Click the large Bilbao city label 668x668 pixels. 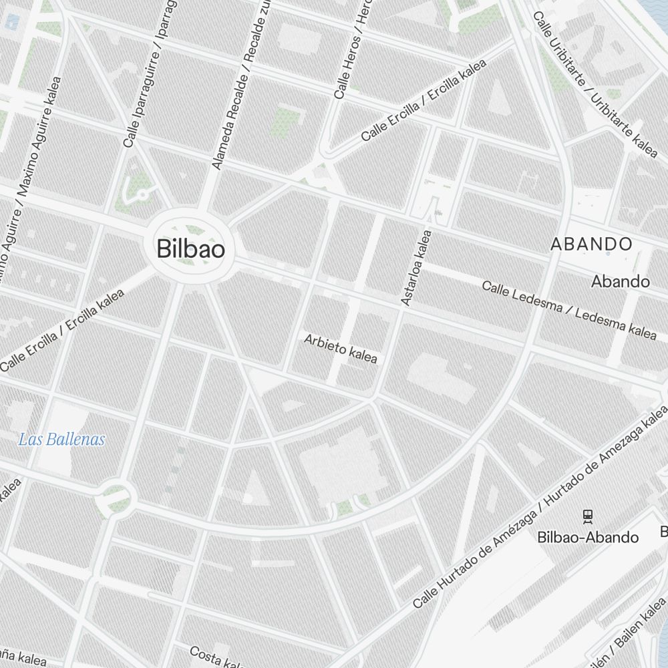point(190,249)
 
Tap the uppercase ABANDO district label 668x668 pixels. point(591,244)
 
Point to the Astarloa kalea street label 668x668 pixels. point(416,268)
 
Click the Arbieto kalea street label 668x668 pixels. point(341,349)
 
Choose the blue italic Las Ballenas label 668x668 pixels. point(61,440)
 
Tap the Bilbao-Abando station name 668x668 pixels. point(588,537)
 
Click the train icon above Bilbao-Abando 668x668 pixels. point(587,515)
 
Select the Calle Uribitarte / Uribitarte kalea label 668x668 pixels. point(595,84)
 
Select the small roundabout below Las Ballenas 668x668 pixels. point(115,496)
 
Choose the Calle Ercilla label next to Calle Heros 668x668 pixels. point(424,100)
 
